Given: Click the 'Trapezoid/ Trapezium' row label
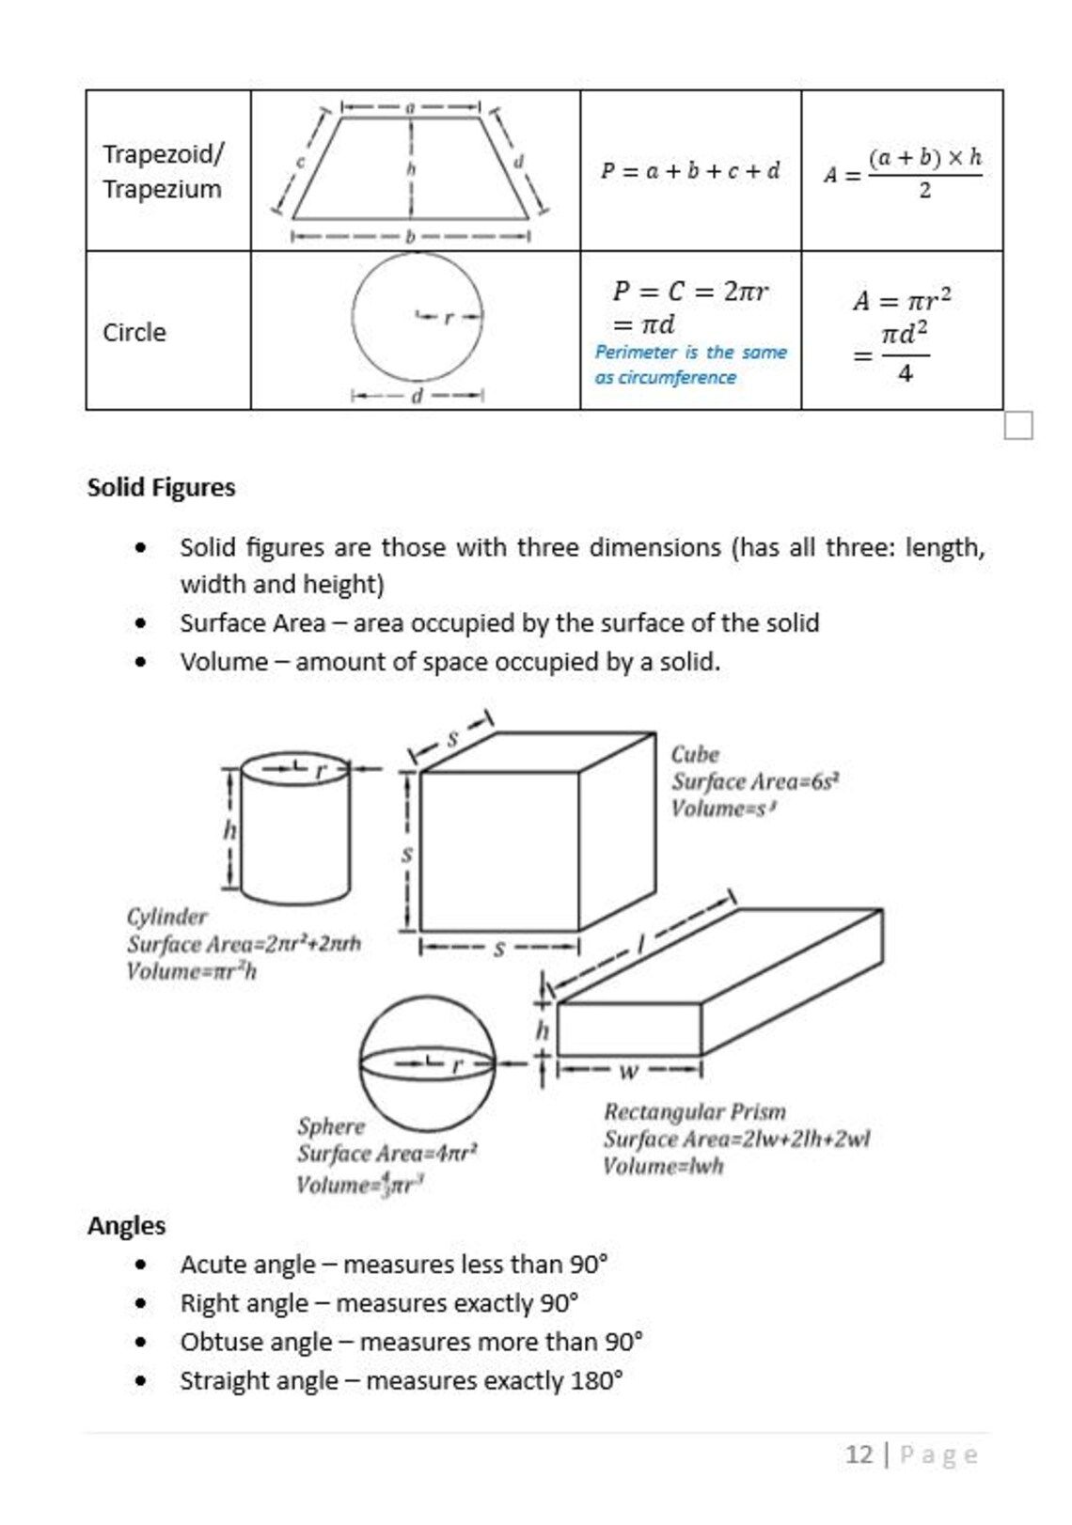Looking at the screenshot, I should point(163,171).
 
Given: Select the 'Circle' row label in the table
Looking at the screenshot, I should point(134,332).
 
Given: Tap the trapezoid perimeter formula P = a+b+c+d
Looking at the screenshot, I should point(690,171).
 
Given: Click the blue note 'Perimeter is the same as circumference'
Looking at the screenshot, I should point(690,365).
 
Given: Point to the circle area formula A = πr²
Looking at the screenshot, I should point(901,300).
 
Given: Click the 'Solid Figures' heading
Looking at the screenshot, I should point(161,487).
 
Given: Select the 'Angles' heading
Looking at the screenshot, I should point(126,1225).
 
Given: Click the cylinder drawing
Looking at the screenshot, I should point(295,827).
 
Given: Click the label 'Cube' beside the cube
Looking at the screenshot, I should point(694,754).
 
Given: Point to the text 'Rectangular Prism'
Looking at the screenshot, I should point(694,1111).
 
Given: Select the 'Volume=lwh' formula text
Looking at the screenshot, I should point(663,1166).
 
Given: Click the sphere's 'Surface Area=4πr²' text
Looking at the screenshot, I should point(387,1153).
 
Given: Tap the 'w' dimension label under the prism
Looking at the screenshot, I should point(628,1070).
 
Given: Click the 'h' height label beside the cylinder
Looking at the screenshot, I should point(229,830).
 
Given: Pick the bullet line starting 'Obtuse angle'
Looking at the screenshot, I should point(411,1342).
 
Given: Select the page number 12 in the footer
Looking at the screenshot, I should point(859,1454).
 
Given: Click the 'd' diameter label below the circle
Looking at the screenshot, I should point(418,396).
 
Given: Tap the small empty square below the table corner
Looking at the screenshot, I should point(1017,426).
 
